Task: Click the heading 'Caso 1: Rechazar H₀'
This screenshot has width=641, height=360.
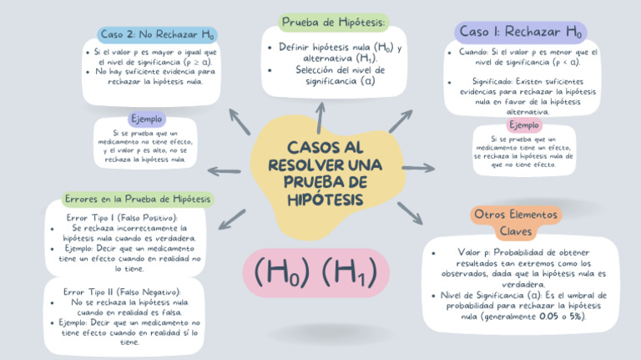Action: [x=520, y=32]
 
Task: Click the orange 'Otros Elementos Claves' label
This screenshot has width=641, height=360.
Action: [x=515, y=221]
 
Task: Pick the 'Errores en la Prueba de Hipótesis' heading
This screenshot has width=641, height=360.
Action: [x=137, y=199]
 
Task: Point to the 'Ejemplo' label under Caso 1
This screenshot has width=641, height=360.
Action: [x=524, y=124]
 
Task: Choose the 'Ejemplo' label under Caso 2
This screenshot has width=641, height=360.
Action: [x=147, y=119]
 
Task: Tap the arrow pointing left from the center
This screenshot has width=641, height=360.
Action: [x=224, y=171]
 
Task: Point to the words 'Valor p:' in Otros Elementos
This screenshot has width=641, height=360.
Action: [x=475, y=251]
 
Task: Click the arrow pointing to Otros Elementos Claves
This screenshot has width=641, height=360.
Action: [x=409, y=213]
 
